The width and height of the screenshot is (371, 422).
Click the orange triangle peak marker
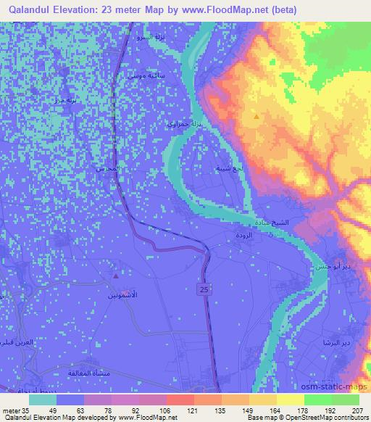255,116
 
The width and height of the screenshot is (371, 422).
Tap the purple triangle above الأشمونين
116,276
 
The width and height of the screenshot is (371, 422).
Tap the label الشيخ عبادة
275,222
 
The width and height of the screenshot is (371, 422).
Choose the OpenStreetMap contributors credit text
332,418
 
